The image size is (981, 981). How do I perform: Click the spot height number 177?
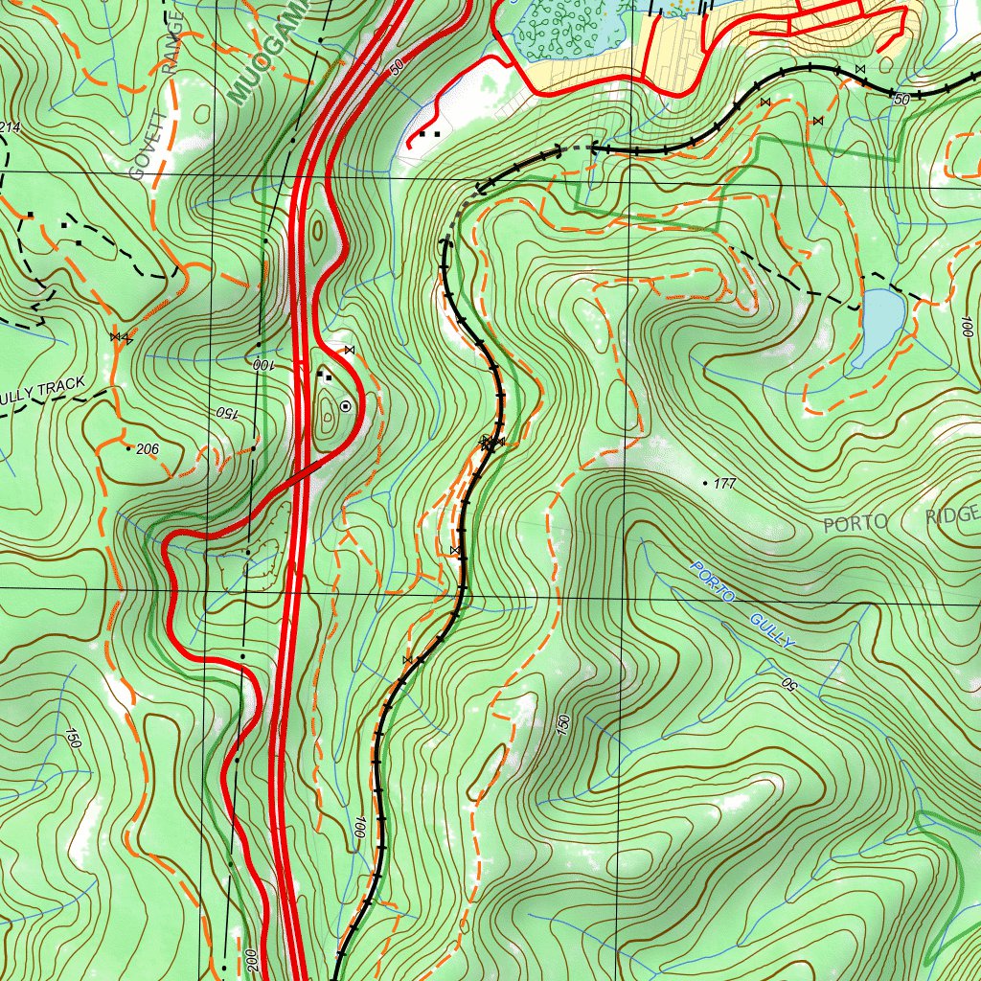(724, 485)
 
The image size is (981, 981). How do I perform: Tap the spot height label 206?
(147, 448)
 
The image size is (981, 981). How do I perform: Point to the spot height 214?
(10, 127)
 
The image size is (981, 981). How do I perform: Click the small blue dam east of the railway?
(879, 326)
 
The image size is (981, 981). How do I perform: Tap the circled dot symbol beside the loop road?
(345, 406)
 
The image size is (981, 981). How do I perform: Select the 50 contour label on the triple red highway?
(397, 68)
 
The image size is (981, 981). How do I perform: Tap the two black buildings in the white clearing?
(430, 134)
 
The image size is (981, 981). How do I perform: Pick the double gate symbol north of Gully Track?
(121, 336)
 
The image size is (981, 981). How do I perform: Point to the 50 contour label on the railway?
(901, 99)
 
